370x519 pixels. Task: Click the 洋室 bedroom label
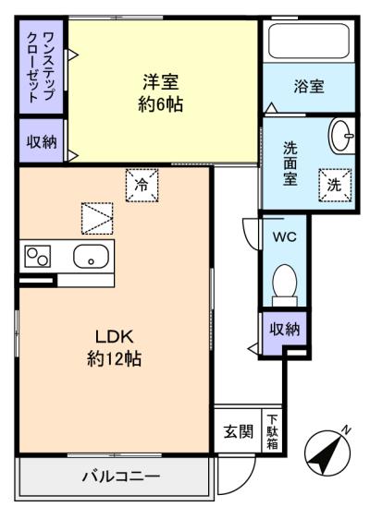pos(161,82)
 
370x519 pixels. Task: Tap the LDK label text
pos(115,337)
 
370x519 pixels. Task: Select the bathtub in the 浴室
pos(309,41)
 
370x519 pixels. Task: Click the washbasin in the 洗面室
pos(341,136)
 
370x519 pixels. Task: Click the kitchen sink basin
pos(91,257)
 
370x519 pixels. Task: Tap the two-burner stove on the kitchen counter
pos(38,257)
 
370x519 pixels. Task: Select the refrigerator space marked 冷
pos(142,185)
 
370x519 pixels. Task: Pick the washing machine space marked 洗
pos(335,185)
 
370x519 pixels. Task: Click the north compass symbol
pos(327,453)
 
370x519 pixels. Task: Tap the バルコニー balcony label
pos(121,477)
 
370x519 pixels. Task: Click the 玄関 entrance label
pos(239,431)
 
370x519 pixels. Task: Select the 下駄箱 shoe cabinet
pos(272,431)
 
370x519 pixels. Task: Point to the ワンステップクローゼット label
pos(41,67)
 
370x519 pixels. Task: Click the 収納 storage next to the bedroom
pos(42,141)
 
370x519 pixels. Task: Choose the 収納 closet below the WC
pos(285,329)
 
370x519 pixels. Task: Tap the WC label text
pos(285,236)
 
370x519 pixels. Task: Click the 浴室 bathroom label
pos(309,86)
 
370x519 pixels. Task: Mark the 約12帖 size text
pos(115,359)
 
